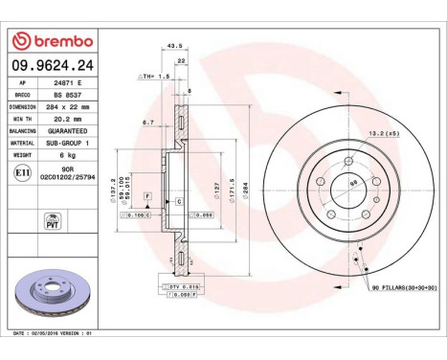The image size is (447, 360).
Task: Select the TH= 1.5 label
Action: point(154,74)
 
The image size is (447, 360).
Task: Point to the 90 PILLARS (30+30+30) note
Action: point(402,286)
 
